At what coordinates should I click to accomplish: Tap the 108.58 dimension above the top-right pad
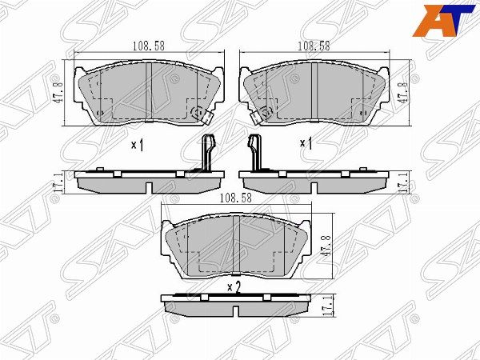pyautogui.click(x=313, y=46)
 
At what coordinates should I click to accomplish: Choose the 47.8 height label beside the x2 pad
pyautogui.click(x=326, y=247)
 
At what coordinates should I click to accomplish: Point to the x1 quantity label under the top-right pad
pyautogui.click(x=305, y=145)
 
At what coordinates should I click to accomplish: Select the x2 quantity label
pyautogui.click(x=234, y=287)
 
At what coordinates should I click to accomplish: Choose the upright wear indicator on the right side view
pyautogui.click(x=255, y=152)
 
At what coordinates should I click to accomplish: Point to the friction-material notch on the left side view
pyautogui.click(x=150, y=186)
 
